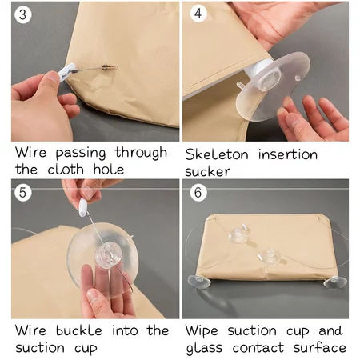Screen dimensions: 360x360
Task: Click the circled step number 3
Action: (23, 14)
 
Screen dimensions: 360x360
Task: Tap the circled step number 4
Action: (198, 14)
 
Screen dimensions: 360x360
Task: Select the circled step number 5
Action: (23, 192)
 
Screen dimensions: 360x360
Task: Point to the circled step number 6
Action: (198, 192)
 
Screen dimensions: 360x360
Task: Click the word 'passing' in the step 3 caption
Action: (81, 154)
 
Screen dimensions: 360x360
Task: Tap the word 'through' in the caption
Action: (141, 153)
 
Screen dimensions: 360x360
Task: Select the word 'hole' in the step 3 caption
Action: (109, 169)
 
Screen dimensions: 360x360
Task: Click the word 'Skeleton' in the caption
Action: (217, 154)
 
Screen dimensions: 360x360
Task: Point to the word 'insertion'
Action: (288, 154)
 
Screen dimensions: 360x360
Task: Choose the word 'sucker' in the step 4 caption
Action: (207, 171)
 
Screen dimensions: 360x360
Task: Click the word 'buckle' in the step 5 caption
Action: (79, 330)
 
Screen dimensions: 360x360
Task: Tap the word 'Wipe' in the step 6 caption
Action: (202, 332)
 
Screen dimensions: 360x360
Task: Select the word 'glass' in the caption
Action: (204, 349)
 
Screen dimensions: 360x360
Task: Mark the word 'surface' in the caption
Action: (320, 347)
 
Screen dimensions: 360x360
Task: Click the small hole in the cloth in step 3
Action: (106, 67)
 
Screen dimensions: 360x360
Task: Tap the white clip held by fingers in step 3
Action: (66, 71)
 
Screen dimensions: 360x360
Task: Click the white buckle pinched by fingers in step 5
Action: (83, 207)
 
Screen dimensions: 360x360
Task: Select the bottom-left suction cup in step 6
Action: (198, 282)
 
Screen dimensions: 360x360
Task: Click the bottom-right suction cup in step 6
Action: (335, 282)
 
